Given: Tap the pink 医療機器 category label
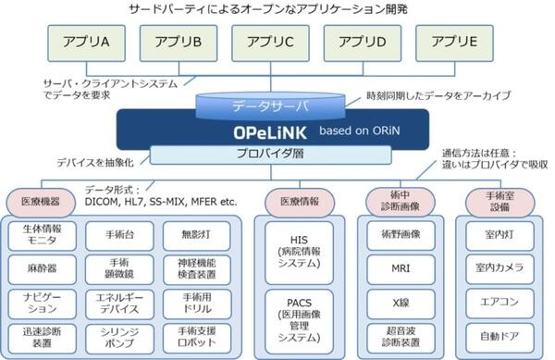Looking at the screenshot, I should point(39,199).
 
